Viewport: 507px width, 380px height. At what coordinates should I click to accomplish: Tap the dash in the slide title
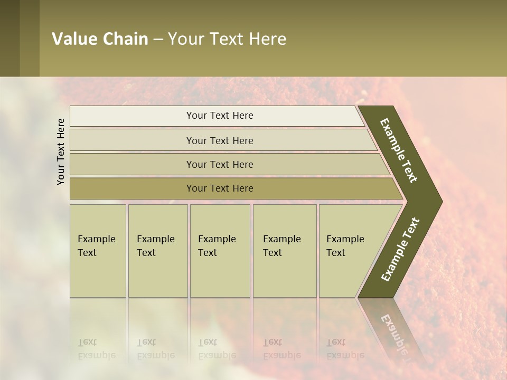coord(158,39)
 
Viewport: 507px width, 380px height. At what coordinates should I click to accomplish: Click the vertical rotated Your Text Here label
coord(61,151)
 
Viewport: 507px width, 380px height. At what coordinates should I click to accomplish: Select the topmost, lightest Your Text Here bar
coord(219,116)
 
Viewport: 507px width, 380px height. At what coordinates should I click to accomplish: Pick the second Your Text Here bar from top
coord(219,140)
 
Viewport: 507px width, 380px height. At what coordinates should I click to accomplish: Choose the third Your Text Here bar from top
coord(219,164)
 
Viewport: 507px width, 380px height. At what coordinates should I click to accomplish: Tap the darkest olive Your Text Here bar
coord(219,188)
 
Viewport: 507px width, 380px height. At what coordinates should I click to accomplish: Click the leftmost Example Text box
coord(98,251)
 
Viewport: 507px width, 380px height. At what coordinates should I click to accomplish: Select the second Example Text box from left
coord(157,251)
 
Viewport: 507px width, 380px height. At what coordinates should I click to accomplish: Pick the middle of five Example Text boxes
coord(219,251)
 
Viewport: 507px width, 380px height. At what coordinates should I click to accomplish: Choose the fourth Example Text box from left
coord(284,251)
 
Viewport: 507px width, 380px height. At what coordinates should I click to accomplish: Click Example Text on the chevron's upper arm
coord(399,150)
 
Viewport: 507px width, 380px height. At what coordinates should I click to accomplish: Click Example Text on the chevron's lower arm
coord(400,250)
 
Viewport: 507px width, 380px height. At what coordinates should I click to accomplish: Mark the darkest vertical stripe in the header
coord(10,38)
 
